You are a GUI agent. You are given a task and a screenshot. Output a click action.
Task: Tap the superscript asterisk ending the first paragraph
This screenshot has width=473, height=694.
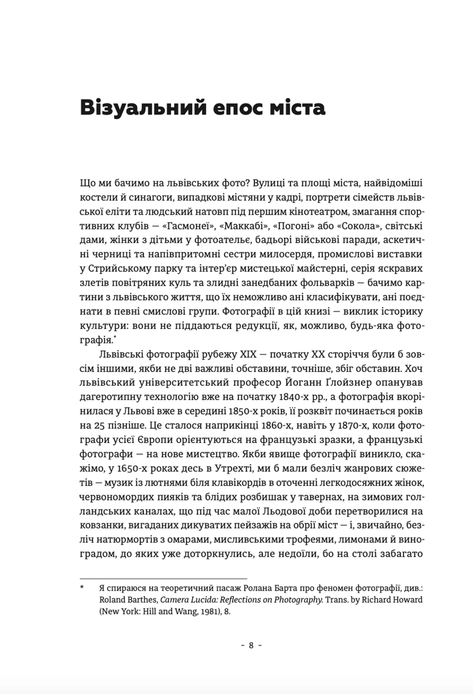click(115, 337)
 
